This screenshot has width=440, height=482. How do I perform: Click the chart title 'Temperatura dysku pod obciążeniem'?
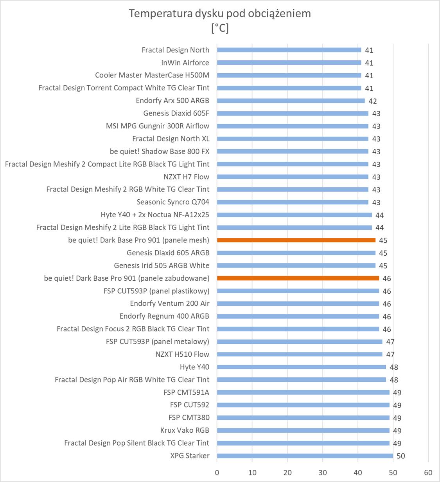(x=220, y=14)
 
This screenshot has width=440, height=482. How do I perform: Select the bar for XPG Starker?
(x=305, y=456)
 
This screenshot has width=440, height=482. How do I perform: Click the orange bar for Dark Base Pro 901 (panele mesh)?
(x=296, y=240)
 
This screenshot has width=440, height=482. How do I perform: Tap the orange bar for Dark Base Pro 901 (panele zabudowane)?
(x=298, y=278)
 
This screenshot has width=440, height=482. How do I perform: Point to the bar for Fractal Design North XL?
(x=293, y=139)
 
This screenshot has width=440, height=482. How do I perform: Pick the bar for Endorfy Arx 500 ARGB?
(x=291, y=101)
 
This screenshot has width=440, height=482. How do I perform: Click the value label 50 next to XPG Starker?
(x=401, y=456)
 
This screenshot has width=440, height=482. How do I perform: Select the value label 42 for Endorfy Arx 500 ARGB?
(x=373, y=101)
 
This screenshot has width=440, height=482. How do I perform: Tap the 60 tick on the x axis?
(x=428, y=472)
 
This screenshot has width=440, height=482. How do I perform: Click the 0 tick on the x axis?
(x=217, y=472)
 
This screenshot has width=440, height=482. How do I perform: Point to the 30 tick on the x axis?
(x=323, y=472)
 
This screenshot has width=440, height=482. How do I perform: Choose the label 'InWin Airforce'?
(x=185, y=63)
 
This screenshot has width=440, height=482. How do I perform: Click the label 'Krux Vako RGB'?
(x=185, y=430)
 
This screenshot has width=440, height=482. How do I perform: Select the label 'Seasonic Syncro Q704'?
(x=173, y=202)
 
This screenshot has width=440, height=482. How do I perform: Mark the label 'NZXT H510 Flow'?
(x=182, y=354)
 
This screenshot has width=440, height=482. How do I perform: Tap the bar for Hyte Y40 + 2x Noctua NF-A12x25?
(x=294, y=215)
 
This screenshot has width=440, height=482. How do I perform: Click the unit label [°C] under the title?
(x=220, y=28)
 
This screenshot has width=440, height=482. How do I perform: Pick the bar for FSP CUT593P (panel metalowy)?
(x=300, y=341)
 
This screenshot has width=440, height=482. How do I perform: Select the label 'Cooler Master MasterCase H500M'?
(x=152, y=75)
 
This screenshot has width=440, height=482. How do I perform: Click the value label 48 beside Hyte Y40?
(x=394, y=367)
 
